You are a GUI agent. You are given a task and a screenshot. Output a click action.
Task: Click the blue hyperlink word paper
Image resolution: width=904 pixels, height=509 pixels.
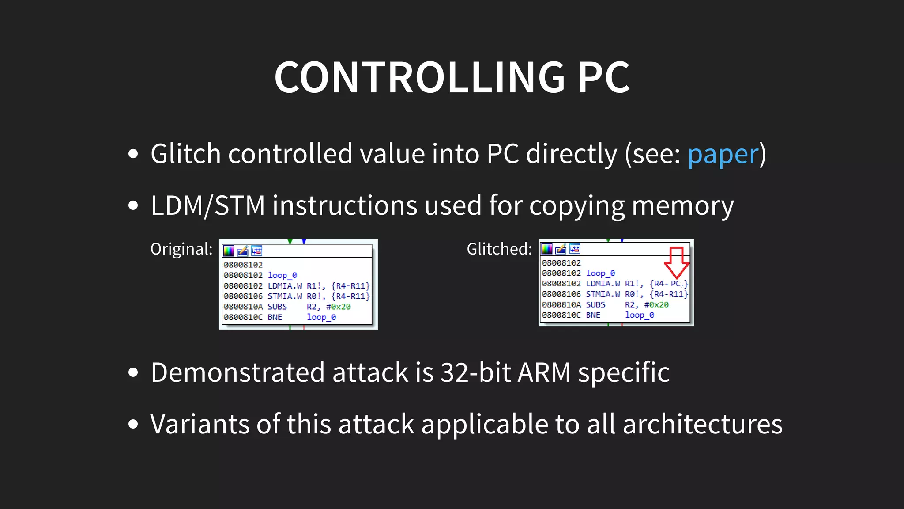(723, 154)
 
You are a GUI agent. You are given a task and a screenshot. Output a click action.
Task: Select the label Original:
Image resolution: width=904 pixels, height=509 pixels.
(181, 249)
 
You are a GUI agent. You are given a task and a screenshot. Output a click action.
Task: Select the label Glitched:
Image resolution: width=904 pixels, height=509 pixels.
(499, 249)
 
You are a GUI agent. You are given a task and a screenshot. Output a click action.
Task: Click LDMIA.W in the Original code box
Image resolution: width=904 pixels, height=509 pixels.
(285, 286)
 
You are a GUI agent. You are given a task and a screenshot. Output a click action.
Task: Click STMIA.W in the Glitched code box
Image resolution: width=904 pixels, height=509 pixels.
(603, 294)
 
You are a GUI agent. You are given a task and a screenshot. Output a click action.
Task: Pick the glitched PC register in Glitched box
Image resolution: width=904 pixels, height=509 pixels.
(676, 284)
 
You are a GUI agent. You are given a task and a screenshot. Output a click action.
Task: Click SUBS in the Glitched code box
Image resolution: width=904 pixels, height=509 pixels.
(595, 305)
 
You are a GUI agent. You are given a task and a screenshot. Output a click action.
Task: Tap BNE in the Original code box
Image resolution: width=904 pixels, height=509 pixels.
(275, 317)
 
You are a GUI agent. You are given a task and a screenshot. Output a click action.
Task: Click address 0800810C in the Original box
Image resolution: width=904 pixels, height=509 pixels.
(243, 317)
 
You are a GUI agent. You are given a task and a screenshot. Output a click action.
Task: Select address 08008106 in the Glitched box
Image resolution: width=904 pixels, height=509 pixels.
(561, 294)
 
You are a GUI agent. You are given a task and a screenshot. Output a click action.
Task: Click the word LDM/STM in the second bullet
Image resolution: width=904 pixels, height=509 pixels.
(207, 206)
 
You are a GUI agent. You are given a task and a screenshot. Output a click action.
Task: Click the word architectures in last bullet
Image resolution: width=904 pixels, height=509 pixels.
(702, 424)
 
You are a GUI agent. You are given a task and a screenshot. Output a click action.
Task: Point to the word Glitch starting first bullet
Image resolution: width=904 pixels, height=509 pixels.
(185, 154)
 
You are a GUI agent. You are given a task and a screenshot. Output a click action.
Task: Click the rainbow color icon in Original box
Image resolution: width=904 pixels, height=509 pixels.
(229, 251)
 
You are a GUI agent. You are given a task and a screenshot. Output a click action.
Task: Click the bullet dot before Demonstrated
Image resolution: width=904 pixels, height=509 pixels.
(133, 372)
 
